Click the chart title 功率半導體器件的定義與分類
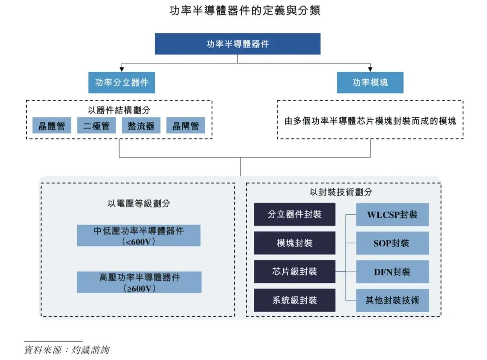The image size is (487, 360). [244, 11]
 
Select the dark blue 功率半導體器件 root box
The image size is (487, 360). [238, 44]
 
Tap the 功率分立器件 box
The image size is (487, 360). [122, 83]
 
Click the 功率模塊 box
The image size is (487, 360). [370, 83]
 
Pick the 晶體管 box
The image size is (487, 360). [51, 126]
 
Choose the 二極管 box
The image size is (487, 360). [96, 126]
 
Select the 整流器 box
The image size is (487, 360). [141, 126]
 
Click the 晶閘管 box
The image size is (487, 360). [185, 126]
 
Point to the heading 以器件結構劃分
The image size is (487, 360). [119, 110]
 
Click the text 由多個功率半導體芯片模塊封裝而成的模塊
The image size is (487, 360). [370, 121]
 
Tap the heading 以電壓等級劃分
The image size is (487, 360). [139, 203]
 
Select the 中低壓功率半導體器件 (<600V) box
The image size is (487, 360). [138, 235]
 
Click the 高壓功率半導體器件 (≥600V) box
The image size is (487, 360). [139, 282]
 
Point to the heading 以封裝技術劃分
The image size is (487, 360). [341, 192]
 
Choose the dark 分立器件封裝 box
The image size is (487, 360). [294, 214]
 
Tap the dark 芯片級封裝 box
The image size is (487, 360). [294, 272]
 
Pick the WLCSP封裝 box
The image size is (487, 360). [392, 214]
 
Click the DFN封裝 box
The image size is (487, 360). [392, 272]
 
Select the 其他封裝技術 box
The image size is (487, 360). [392, 300]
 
